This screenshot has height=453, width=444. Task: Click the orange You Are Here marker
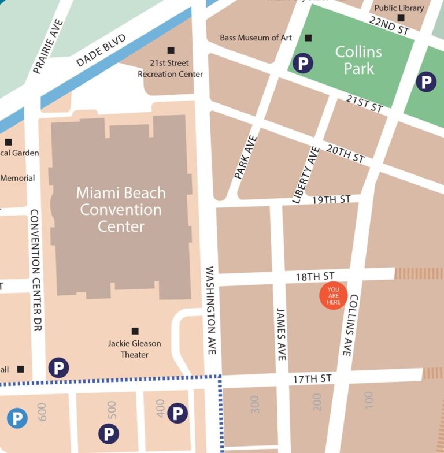coord(334,296)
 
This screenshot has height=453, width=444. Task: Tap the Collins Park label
coord(359,60)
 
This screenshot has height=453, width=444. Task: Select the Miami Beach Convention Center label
coord(121,209)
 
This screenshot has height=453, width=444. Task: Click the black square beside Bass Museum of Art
coord(308,38)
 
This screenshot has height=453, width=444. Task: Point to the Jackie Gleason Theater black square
coord(135,331)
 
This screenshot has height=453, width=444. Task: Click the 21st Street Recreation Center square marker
coord(171,51)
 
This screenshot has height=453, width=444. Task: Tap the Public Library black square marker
coord(401,18)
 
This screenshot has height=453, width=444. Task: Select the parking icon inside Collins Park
coord(303,63)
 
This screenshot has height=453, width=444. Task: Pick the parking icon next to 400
coord(177,413)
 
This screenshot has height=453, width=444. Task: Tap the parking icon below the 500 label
coord(108,433)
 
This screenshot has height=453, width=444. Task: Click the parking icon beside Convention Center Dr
coord(58,367)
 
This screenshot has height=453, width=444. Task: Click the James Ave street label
coord(281,333)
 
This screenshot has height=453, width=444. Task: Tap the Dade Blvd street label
coord(102,50)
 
